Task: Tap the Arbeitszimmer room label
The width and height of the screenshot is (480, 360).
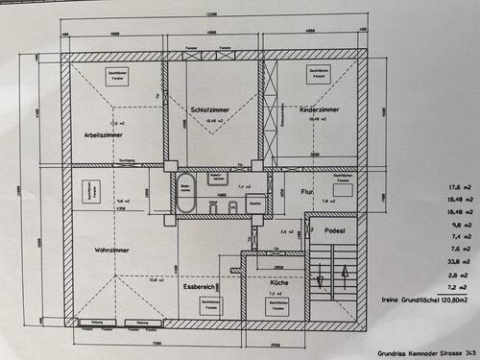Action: coord(103,134)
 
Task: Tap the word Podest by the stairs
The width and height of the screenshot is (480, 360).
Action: coord(334,230)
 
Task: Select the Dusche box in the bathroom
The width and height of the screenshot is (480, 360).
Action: coord(254,204)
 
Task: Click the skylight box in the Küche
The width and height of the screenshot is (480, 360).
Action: coord(278,304)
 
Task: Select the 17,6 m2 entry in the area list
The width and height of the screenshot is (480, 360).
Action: coord(449,189)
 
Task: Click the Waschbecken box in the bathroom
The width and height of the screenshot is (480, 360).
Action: coord(218,178)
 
